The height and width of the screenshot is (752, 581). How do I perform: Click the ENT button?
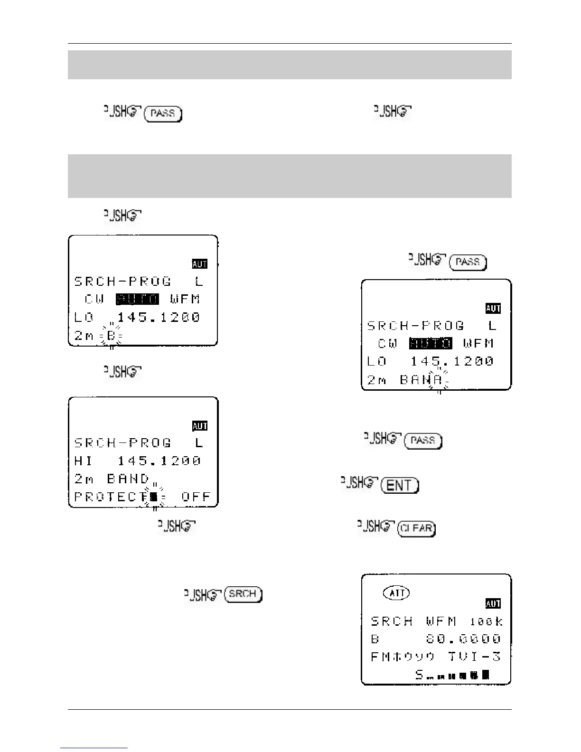click(x=401, y=485)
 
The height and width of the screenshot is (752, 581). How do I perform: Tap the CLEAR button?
click(x=416, y=528)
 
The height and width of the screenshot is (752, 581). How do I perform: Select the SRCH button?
click(x=243, y=594)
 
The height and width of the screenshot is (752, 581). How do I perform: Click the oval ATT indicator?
click(x=396, y=593)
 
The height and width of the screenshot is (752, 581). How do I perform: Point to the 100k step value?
click(x=486, y=621)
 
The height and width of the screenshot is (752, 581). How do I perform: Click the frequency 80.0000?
click(x=463, y=639)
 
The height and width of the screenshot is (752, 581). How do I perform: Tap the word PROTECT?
click(x=112, y=497)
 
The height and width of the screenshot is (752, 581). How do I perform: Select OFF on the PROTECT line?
click(x=196, y=497)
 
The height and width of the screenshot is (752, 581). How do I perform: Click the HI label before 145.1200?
click(x=84, y=461)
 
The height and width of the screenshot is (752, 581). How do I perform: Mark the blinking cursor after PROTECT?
click(x=153, y=497)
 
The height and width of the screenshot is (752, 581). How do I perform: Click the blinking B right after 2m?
click(x=111, y=336)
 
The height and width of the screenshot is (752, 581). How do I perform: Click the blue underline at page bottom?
click(x=94, y=748)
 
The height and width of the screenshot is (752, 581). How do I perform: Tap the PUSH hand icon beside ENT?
click(x=359, y=484)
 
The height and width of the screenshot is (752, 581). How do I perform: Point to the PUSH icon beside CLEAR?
click(x=376, y=526)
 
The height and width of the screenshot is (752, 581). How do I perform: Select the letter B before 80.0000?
click(x=375, y=639)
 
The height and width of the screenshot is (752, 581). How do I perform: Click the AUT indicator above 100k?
click(x=493, y=603)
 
